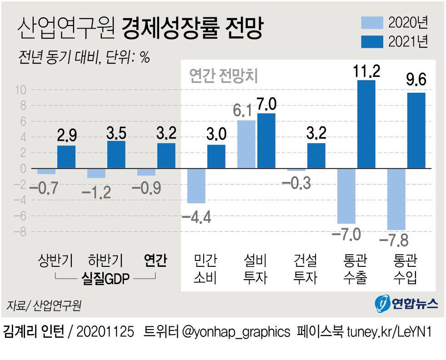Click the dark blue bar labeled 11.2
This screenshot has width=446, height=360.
coord(366,124)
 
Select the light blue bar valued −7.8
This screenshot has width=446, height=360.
coord(396,199)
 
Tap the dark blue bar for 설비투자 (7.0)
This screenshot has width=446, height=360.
coord(266,141)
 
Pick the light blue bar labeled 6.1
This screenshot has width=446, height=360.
coord(246,145)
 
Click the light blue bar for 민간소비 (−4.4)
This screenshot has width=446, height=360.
coord(196,186)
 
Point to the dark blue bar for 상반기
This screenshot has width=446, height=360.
coord(66,157)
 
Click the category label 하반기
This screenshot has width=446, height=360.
coord(105,261)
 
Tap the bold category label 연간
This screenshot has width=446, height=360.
coord(155,261)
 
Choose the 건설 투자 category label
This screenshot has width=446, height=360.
coord(305,269)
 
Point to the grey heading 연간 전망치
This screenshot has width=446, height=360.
coord(223,75)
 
